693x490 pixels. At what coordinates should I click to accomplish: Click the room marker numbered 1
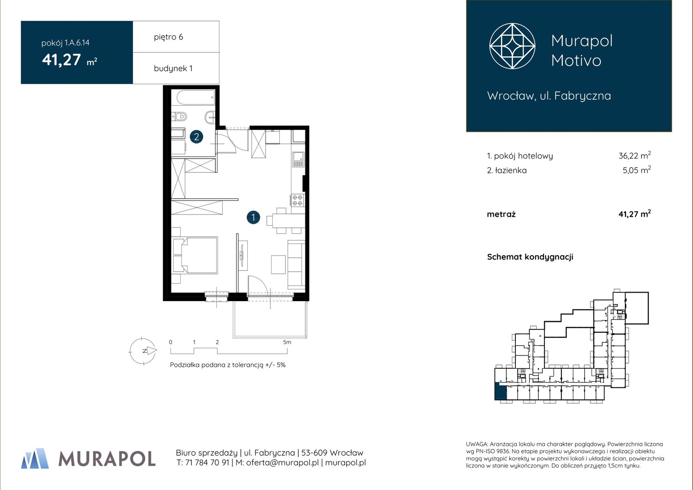tap(253, 217)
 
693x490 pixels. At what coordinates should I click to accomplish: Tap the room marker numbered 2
tap(197, 136)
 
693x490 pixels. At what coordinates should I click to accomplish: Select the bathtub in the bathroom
tap(195, 97)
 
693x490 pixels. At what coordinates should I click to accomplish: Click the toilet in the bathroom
tap(180, 117)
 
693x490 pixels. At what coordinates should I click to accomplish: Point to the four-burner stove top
tap(297, 200)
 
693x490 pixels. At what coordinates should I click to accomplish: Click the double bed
tap(195, 255)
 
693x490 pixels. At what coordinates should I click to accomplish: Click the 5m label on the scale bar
tap(287, 342)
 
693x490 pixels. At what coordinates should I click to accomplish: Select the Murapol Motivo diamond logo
tap(512, 46)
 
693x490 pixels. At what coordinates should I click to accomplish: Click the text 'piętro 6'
tap(168, 37)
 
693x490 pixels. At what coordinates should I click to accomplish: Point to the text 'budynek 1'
tap(173, 68)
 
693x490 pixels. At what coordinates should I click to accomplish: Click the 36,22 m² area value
tap(635, 155)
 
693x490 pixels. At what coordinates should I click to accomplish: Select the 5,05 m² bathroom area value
tap(637, 170)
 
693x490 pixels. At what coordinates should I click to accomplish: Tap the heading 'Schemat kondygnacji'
tap(530, 257)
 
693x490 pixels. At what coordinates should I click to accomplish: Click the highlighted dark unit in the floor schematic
tap(501, 391)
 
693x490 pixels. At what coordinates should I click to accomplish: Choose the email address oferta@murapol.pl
tap(282, 462)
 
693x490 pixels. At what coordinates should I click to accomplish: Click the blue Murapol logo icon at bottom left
tap(35, 458)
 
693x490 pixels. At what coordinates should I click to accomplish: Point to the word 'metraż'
tap(501, 214)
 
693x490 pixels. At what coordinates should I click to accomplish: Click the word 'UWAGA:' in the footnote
tap(477, 444)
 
